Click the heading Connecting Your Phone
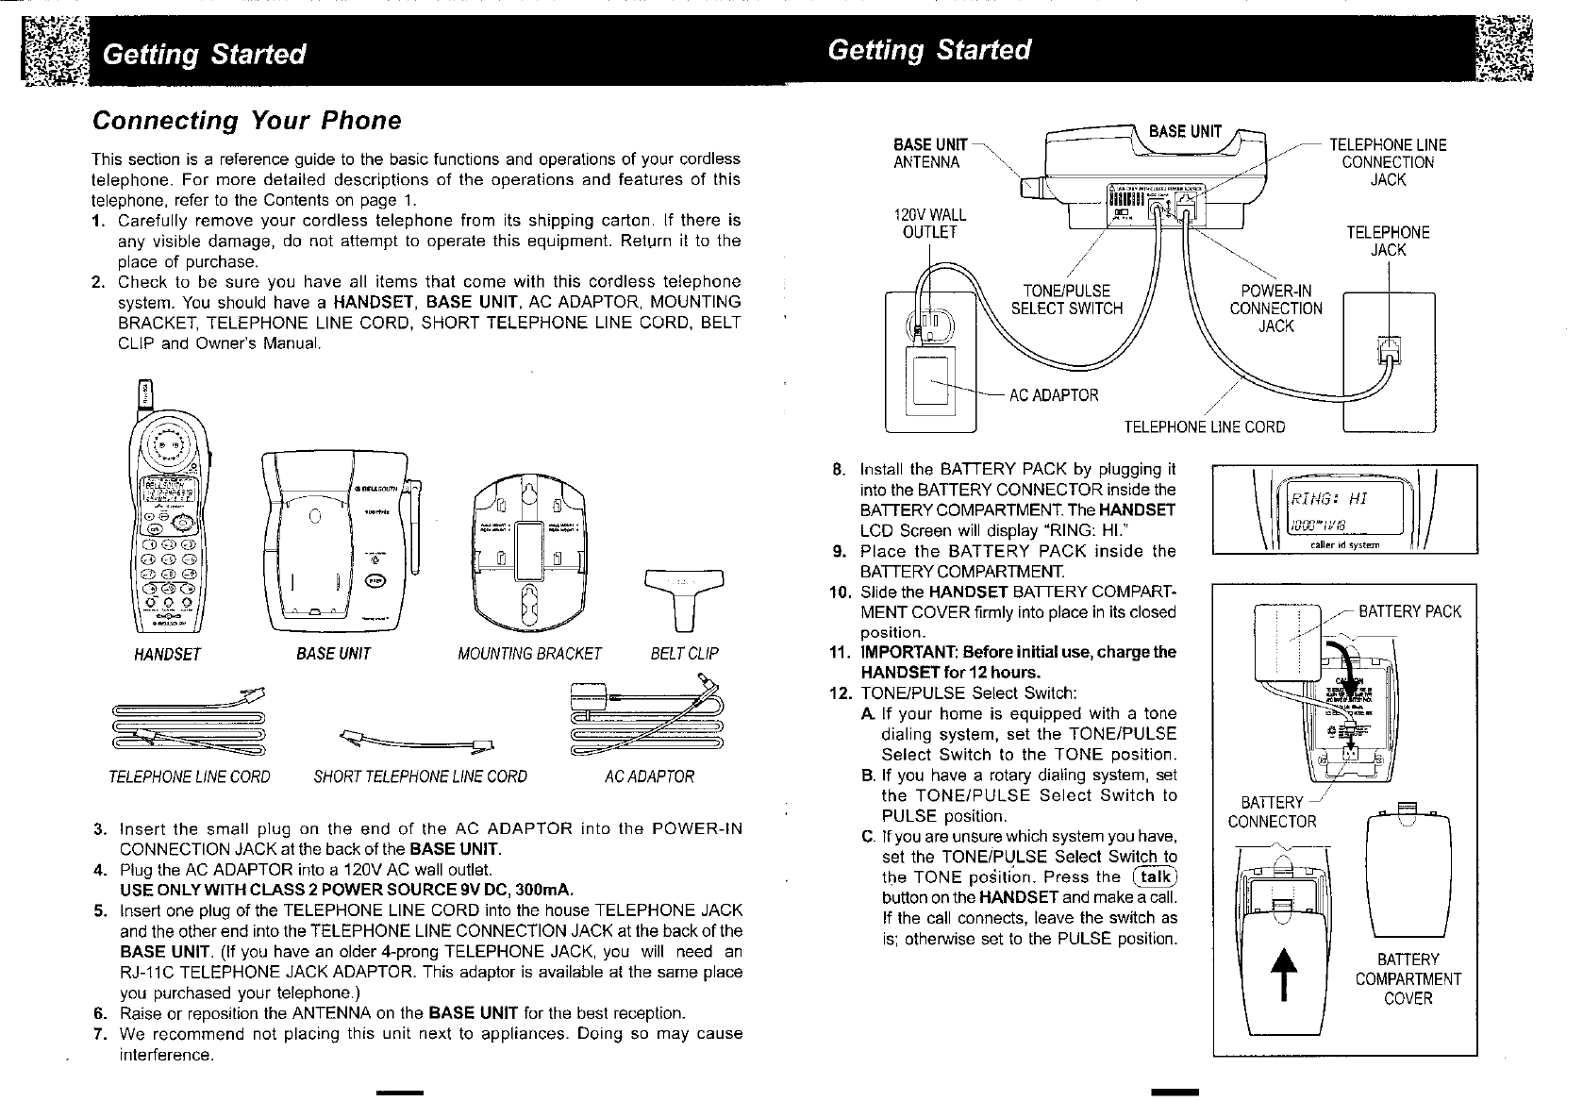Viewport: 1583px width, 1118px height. point(245,121)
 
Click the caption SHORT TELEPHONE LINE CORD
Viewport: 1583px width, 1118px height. point(420,777)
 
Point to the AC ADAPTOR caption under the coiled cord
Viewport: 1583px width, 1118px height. point(648,777)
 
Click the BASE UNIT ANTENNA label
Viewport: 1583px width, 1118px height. point(929,154)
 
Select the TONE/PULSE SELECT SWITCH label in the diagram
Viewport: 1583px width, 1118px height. point(1066,299)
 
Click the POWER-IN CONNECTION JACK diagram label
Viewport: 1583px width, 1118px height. point(1275,309)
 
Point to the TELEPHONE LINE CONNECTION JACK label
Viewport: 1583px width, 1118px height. point(1387,162)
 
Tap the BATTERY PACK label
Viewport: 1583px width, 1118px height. point(1408,611)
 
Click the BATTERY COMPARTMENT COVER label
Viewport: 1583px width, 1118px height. point(1408,978)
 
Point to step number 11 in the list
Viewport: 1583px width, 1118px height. point(840,652)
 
